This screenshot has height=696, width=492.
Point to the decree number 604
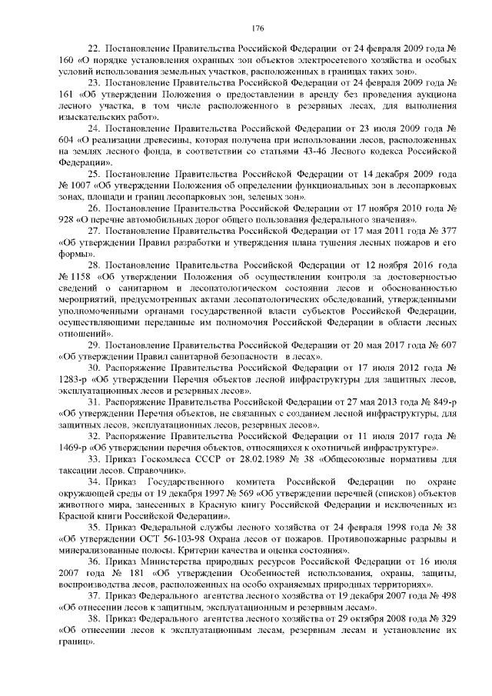pyautogui.click(x=67, y=142)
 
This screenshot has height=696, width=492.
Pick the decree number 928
pyautogui.click(x=67, y=218)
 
